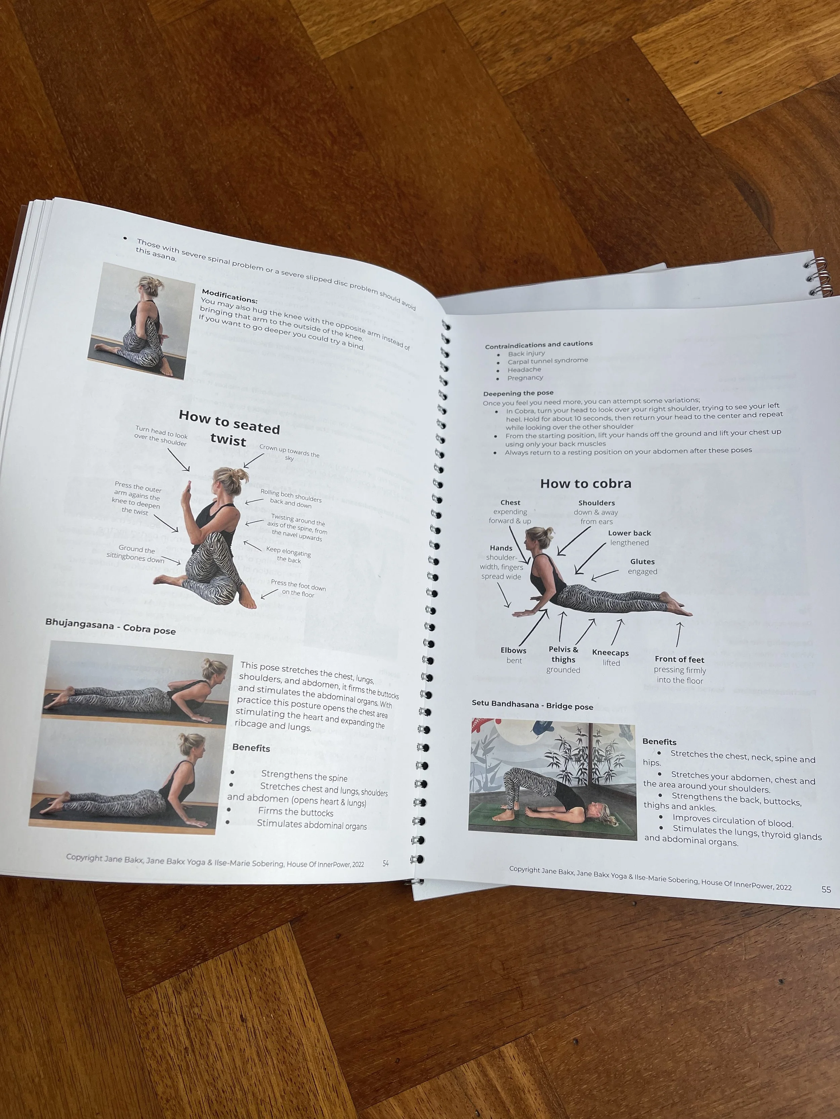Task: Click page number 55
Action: pos(826,889)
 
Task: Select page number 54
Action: pos(386,864)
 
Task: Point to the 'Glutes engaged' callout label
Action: pos(642,567)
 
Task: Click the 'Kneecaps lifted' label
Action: pos(611,658)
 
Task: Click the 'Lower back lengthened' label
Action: pos(629,538)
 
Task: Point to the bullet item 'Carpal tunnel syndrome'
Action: pos(548,361)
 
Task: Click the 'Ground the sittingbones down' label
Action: pos(136,554)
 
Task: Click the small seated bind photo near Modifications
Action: pos(142,321)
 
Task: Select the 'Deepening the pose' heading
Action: pos(518,393)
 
